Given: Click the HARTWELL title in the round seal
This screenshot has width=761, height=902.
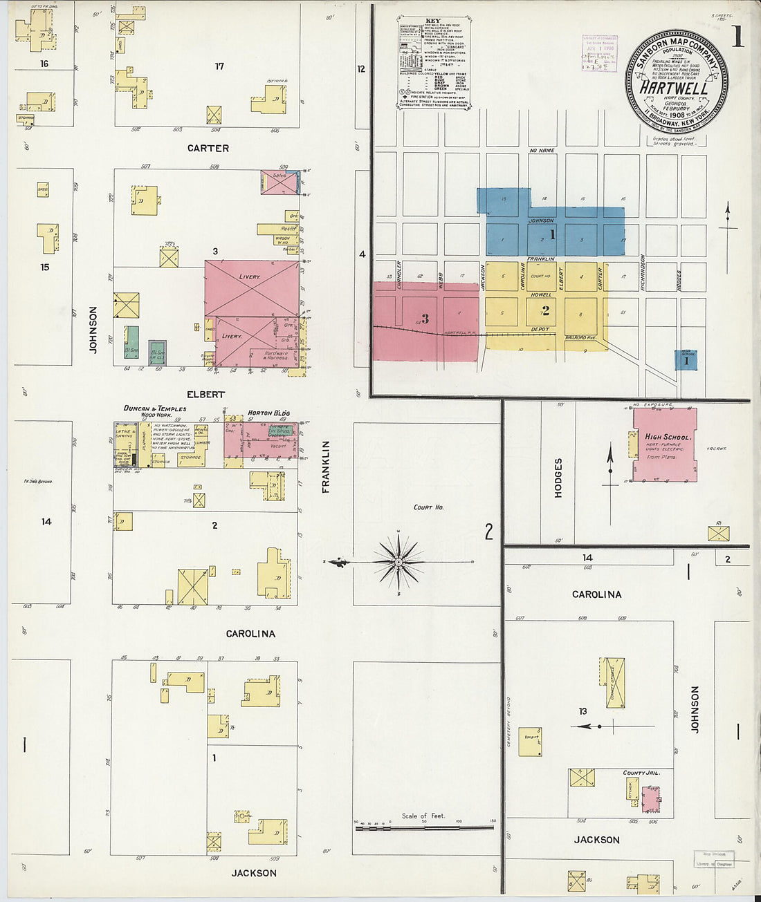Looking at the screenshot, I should [673, 88].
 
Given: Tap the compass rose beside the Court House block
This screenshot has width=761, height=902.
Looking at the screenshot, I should [398, 563].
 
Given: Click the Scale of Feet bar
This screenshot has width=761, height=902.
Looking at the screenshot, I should [424, 827].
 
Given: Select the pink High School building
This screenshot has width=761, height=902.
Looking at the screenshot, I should [664, 445].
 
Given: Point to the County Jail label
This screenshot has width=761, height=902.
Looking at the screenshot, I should [641, 773].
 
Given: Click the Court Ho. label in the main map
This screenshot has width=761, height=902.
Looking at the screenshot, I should [428, 507].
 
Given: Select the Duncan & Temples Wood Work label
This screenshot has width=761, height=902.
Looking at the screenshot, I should [155, 411].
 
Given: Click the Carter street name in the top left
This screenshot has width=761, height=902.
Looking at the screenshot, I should [208, 148].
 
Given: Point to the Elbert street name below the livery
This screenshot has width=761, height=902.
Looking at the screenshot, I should [205, 394].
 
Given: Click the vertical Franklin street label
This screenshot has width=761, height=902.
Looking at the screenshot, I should [326, 467].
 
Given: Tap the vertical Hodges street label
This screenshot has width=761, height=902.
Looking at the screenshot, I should [558, 478].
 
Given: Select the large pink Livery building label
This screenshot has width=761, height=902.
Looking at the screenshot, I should [250, 276].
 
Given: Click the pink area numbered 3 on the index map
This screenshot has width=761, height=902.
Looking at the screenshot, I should [425, 319].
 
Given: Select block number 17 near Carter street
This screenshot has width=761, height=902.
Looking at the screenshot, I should [219, 66].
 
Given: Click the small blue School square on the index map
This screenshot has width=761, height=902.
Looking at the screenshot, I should [686, 360].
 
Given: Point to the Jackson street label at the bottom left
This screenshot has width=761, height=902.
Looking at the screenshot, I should [253, 873].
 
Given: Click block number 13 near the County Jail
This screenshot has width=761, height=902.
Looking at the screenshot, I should [583, 711].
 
